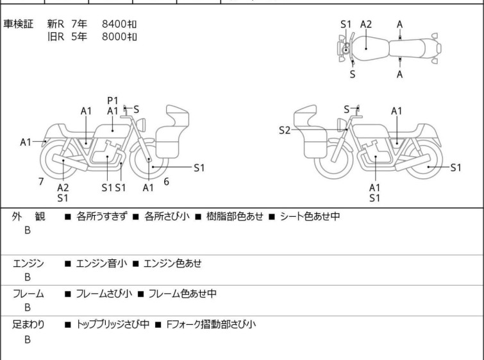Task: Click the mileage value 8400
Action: click(x=114, y=24)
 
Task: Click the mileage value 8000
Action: click(x=114, y=37)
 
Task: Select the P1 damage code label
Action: click(x=113, y=99)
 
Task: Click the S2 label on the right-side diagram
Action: click(x=285, y=130)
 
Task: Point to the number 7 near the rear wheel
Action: click(x=41, y=182)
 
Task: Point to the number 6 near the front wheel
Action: click(x=166, y=182)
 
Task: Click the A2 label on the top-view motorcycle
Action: click(x=366, y=24)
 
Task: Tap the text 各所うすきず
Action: click(x=101, y=216)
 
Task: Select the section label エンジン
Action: click(x=28, y=262)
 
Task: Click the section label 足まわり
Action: click(x=28, y=324)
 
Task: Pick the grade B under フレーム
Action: click(x=28, y=307)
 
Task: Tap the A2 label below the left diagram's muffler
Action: click(x=63, y=187)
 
